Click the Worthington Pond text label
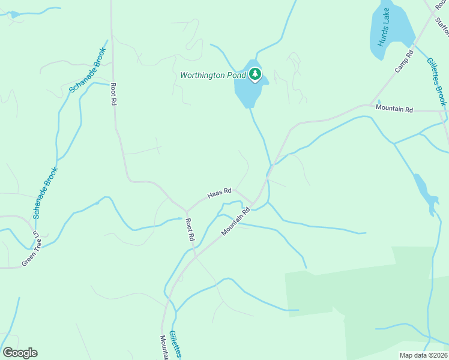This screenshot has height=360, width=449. [x=212, y=76]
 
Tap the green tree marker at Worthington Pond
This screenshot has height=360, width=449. [x=256, y=75]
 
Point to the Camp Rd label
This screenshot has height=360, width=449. [x=404, y=62]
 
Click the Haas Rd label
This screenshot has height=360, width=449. [x=219, y=194]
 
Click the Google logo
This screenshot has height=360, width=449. [x=20, y=353]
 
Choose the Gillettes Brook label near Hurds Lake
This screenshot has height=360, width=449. [x=436, y=82]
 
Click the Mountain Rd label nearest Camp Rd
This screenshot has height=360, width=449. [x=394, y=109]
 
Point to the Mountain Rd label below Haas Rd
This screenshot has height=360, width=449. [x=235, y=222]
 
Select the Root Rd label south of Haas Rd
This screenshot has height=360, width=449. [x=190, y=229]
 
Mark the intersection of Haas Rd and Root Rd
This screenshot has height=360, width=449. [x=187, y=211]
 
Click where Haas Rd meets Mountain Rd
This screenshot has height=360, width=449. [x=253, y=204]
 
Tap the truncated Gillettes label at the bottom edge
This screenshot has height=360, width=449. [x=173, y=344]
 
